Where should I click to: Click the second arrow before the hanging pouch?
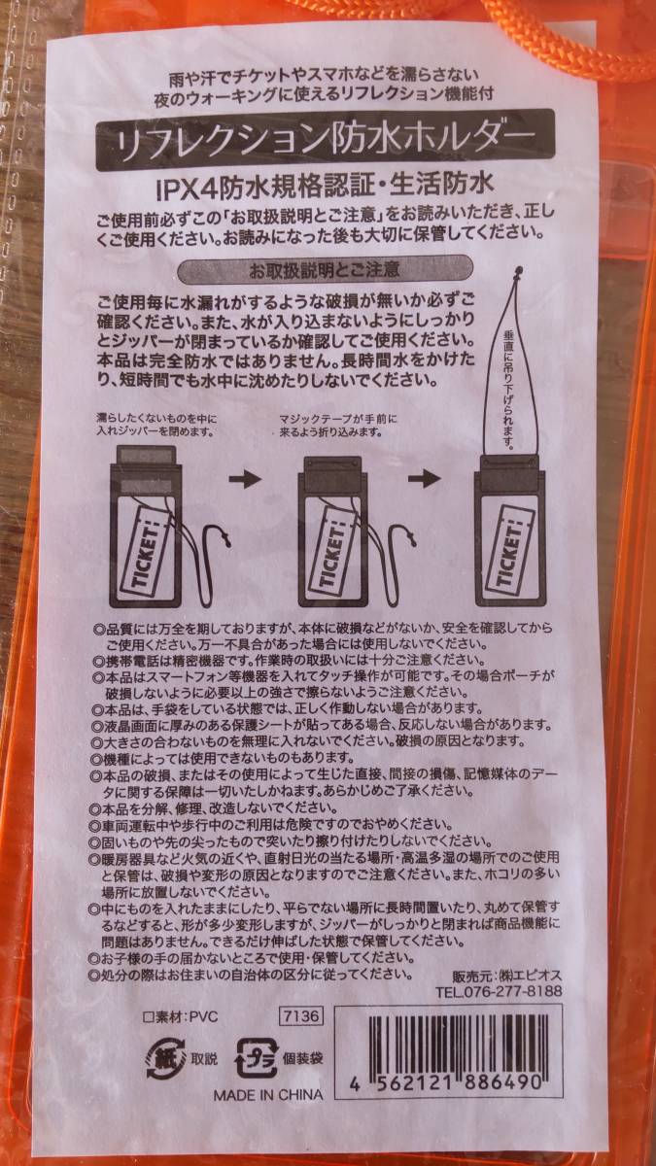pos(426,479)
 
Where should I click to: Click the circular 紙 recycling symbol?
pos(162,1057)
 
